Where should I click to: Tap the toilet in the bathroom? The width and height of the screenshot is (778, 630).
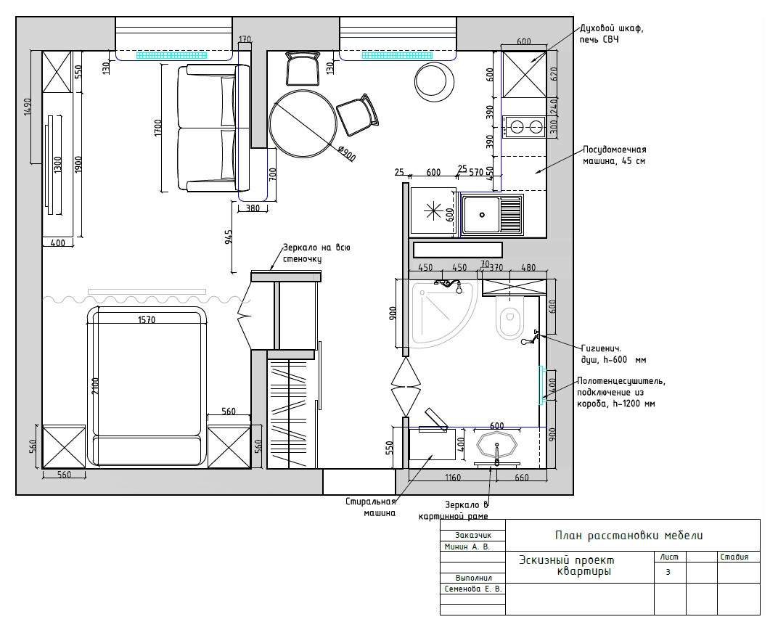click(x=509, y=317)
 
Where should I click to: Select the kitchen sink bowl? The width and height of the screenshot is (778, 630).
click(x=480, y=215)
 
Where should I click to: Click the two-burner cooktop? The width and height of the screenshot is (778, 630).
click(x=523, y=126)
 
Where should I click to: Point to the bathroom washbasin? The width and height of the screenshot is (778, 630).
click(x=496, y=443)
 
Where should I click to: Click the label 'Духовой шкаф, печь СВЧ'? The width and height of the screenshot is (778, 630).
click(x=611, y=33)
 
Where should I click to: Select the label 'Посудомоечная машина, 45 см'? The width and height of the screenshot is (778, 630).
click(x=614, y=155)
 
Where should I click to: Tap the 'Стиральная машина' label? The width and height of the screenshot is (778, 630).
click(x=371, y=507)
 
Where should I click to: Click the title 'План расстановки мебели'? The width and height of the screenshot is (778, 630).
click(x=628, y=535)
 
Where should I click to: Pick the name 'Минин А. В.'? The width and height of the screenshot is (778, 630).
click(x=467, y=547)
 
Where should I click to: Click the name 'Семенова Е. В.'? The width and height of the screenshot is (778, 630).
click(x=473, y=589)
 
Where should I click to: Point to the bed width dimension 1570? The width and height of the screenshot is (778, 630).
click(x=147, y=320)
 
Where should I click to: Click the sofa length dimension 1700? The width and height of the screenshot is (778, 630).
click(x=157, y=128)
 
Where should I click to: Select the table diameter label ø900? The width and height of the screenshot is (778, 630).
click(x=346, y=153)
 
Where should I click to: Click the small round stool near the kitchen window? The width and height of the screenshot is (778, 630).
click(x=435, y=81)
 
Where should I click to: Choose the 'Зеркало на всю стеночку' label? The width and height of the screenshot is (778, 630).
click(x=316, y=253)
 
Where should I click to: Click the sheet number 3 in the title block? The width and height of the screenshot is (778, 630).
click(x=668, y=572)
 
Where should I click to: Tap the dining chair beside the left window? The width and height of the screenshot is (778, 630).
click(x=302, y=69)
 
